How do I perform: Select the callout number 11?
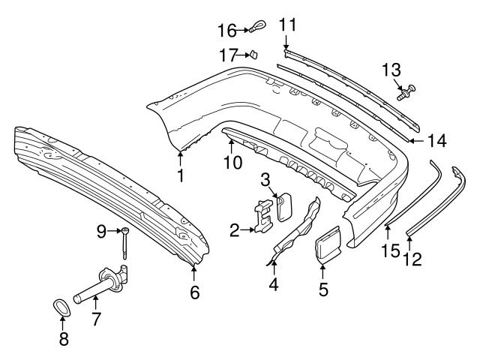288,25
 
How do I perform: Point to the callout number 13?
391,70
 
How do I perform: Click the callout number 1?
180,176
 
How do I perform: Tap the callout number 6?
195,292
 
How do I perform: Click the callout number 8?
64,339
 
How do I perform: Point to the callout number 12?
412,259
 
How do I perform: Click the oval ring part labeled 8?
64,308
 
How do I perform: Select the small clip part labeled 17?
253,54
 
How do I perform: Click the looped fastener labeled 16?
255,29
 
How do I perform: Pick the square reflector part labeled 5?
325,247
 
